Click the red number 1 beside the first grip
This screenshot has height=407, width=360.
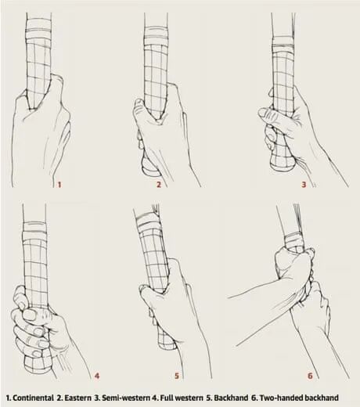coord(59,185)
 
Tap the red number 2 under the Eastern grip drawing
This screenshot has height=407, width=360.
coord(159,185)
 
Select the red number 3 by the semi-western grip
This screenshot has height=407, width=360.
coord(304,185)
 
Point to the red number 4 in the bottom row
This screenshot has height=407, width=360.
coord(97,376)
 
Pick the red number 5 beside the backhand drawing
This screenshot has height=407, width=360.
coord(177,376)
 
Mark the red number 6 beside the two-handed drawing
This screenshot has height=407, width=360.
coord(310,376)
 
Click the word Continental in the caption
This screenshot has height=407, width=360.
coord(33,398)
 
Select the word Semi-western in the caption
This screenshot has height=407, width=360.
coord(126,398)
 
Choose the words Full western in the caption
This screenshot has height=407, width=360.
coord(182,398)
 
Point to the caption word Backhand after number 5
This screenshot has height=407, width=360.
coord(231,398)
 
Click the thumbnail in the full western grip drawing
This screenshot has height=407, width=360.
coord(29,314)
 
